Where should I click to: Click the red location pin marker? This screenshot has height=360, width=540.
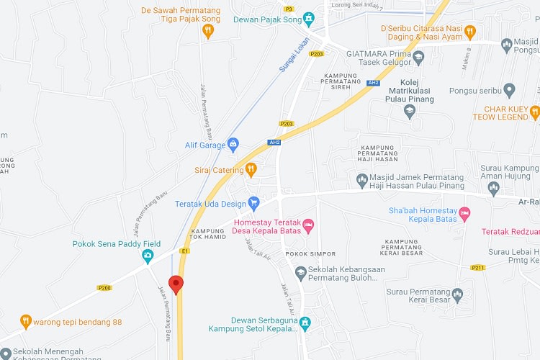click(x=176, y=283)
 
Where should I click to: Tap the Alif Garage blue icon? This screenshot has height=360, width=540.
click(x=233, y=145)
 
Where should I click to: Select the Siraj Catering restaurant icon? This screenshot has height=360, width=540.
click(x=251, y=170)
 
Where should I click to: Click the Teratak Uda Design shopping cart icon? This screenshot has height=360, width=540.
click(x=253, y=204)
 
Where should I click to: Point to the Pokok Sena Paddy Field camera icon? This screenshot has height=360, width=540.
click(x=148, y=256)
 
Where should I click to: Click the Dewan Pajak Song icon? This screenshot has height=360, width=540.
click(x=309, y=18)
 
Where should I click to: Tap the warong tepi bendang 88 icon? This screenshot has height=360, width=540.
click(x=26, y=321)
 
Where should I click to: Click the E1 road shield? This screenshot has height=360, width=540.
click(x=185, y=251)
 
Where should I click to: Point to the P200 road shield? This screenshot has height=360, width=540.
click(x=105, y=287)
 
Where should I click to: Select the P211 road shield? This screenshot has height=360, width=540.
click(x=477, y=267)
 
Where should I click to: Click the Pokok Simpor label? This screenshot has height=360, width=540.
click(x=301, y=254)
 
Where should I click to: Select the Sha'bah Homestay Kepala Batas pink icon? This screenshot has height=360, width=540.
click(x=465, y=213)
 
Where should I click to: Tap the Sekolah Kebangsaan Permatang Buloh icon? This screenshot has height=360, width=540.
click(x=301, y=271)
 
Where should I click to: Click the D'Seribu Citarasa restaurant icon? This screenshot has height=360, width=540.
click(x=470, y=31)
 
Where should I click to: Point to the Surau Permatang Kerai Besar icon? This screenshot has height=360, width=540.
click(x=456, y=294)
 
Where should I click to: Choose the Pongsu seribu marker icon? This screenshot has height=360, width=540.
click(x=510, y=91)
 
